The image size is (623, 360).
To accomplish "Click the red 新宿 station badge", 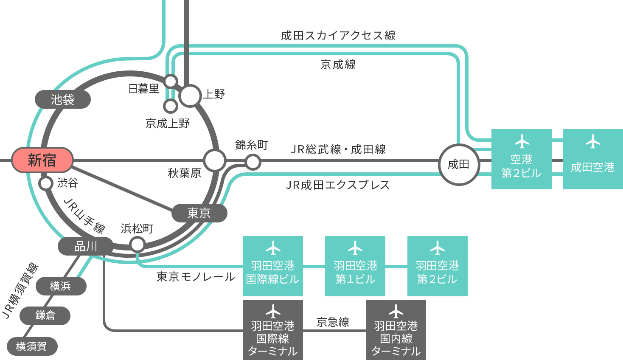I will (42, 160).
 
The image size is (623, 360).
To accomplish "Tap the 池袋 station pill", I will (62, 99).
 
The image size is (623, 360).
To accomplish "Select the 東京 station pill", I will (199, 213).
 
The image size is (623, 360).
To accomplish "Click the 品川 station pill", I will (85, 246).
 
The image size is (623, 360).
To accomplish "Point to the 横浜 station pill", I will (61, 286).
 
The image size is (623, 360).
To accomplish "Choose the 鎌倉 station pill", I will (45, 315).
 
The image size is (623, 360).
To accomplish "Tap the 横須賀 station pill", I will (32, 346).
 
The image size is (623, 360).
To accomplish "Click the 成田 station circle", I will (458, 164).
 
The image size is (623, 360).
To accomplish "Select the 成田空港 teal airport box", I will (592, 159).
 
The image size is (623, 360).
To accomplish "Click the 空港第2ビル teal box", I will (521, 159).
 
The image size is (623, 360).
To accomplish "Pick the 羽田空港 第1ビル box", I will (355, 266).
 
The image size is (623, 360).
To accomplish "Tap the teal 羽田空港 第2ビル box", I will (437, 266).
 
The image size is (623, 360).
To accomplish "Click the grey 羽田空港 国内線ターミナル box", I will (396, 330).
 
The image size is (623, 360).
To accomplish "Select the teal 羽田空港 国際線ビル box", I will (272, 266).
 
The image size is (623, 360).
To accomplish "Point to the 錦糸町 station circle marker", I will (253, 162).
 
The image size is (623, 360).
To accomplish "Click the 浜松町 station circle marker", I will (138, 245).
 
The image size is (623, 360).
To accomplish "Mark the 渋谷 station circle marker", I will (46, 183).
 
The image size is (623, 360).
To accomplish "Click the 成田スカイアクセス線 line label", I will (338, 36).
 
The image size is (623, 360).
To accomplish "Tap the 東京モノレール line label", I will (196, 277).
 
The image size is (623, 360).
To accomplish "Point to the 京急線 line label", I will (333, 322).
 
